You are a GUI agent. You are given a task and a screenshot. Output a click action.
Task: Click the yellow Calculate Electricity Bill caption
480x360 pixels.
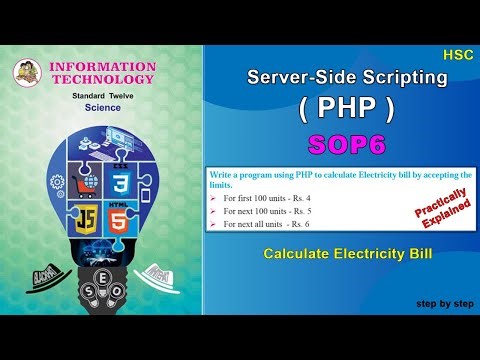(348, 254)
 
